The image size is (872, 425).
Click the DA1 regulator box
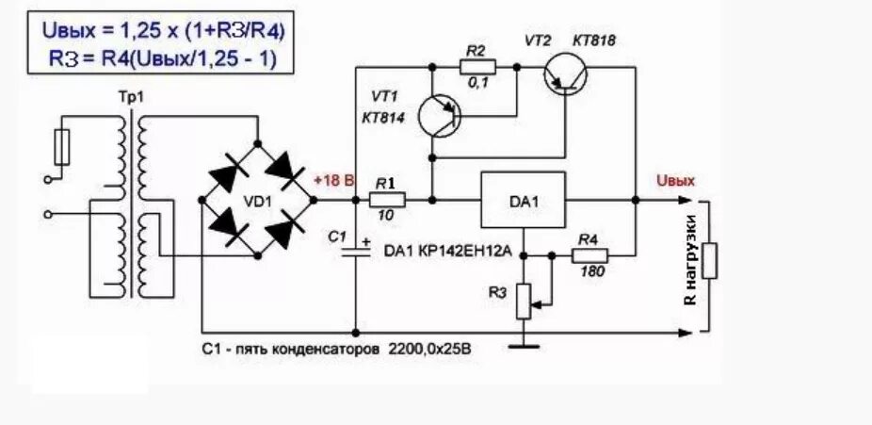pos(523,200)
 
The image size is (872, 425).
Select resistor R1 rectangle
pos(386,200)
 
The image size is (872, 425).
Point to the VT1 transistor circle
pos(440,114)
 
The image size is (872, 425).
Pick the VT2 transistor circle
pos(565,78)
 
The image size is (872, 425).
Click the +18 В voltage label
pos(332,180)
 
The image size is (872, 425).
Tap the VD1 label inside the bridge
pos(257,200)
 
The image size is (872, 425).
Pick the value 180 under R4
pos(591,272)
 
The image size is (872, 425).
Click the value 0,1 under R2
pos(476,85)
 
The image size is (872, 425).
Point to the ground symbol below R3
pos(524,346)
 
